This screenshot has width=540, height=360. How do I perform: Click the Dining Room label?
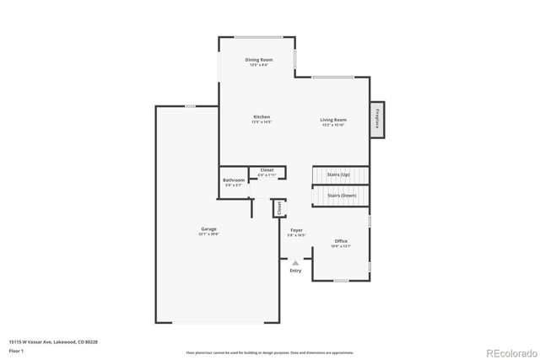pyautogui.click(x=258, y=60)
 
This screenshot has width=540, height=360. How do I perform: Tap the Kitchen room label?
pyautogui.click(x=261, y=116)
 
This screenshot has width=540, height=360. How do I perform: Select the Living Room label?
pyautogui.click(x=332, y=120)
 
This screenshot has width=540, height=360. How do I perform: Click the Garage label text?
pyautogui.click(x=208, y=229)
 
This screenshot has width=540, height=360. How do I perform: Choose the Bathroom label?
pyautogui.click(x=234, y=180)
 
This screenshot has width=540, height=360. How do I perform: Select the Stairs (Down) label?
pyautogui.click(x=342, y=196)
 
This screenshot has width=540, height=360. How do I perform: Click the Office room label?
pyautogui.click(x=341, y=241)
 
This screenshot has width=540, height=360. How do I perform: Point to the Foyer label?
pyautogui.click(x=296, y=230)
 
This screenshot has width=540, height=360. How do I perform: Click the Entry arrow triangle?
pyautogui.click(x=295, y=263)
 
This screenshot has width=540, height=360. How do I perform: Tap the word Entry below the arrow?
pyautogui.click(x=295, y=271)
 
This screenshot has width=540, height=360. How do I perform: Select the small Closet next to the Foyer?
pyautogui.click(x=278, y=207)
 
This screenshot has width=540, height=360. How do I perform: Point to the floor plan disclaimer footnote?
pyautogui.click(x=270, y=352)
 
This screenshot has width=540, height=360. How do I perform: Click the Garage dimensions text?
pyautogui.click(x=208, y=234)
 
